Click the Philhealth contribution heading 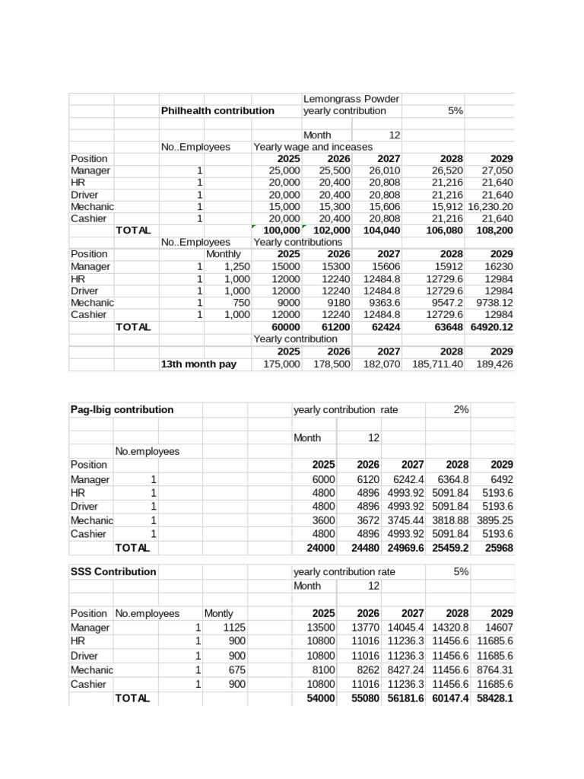pos(217,111)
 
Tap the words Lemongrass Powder pos(351,99)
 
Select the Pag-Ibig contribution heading pos(122,409)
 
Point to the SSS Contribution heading pos(113,571)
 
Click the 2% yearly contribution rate pos(461,409)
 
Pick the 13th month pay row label pos(198,364)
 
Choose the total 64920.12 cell pos(490,327)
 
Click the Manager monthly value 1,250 pos(235,267)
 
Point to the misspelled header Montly pos(218,613)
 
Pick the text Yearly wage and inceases pos(313,147)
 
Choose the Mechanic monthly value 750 pos(239,302)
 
